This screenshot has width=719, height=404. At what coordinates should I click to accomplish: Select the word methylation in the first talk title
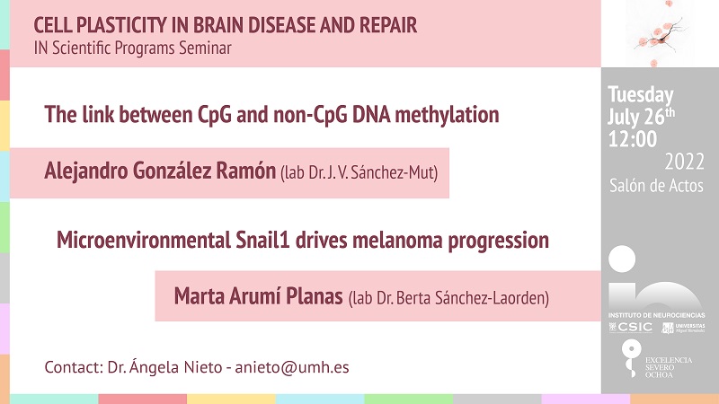click(x=447, y=115)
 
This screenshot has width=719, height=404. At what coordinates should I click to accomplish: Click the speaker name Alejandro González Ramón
click(x=160, y=171)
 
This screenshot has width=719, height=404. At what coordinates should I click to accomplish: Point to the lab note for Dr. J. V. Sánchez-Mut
click(x=359, y=172)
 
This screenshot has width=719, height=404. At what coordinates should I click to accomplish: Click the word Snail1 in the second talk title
click(x=262, y=240)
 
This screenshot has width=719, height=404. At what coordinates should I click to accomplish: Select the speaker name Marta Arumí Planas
click(x=258, y=296)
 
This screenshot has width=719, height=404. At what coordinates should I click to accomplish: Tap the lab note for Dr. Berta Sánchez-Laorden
click(x=448, y=298)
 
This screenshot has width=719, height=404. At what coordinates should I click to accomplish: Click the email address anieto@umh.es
click(x=291, y=367)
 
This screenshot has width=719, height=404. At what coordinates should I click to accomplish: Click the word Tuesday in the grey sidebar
click(x=641, y=95)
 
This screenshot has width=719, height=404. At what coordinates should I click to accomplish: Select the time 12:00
click(x=633, y=139)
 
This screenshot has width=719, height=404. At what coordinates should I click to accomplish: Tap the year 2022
click(x=684, y=162)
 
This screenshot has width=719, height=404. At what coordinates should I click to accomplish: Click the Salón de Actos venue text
click(x=656, y=186)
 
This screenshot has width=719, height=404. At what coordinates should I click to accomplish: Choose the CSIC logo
click(x=631, y=327)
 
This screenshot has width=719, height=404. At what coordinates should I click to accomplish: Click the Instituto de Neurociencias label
click(x=657, y=315)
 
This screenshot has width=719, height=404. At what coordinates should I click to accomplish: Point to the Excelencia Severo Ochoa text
click(x=668, y=367)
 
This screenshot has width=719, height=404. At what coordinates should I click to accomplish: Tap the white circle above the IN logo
click(x=622, y=259)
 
